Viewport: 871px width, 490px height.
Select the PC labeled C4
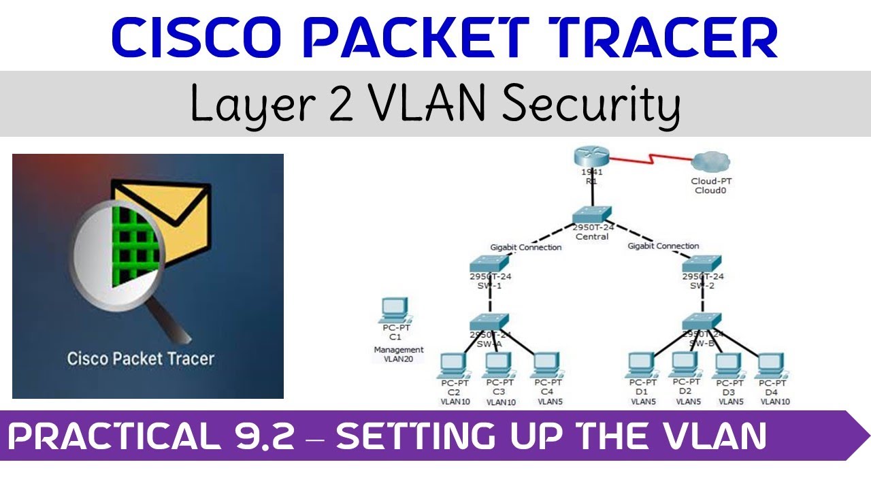click(546, 366)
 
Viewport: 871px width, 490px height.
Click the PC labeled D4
click(770, 366)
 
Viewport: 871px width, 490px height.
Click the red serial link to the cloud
click(650, 162)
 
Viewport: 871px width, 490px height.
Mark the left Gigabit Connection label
click(525, 247)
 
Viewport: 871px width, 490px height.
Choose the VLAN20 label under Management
click(394, 359)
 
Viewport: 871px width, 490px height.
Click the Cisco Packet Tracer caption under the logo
click(140, 359)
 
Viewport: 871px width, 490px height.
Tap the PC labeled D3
click(727, 366)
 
